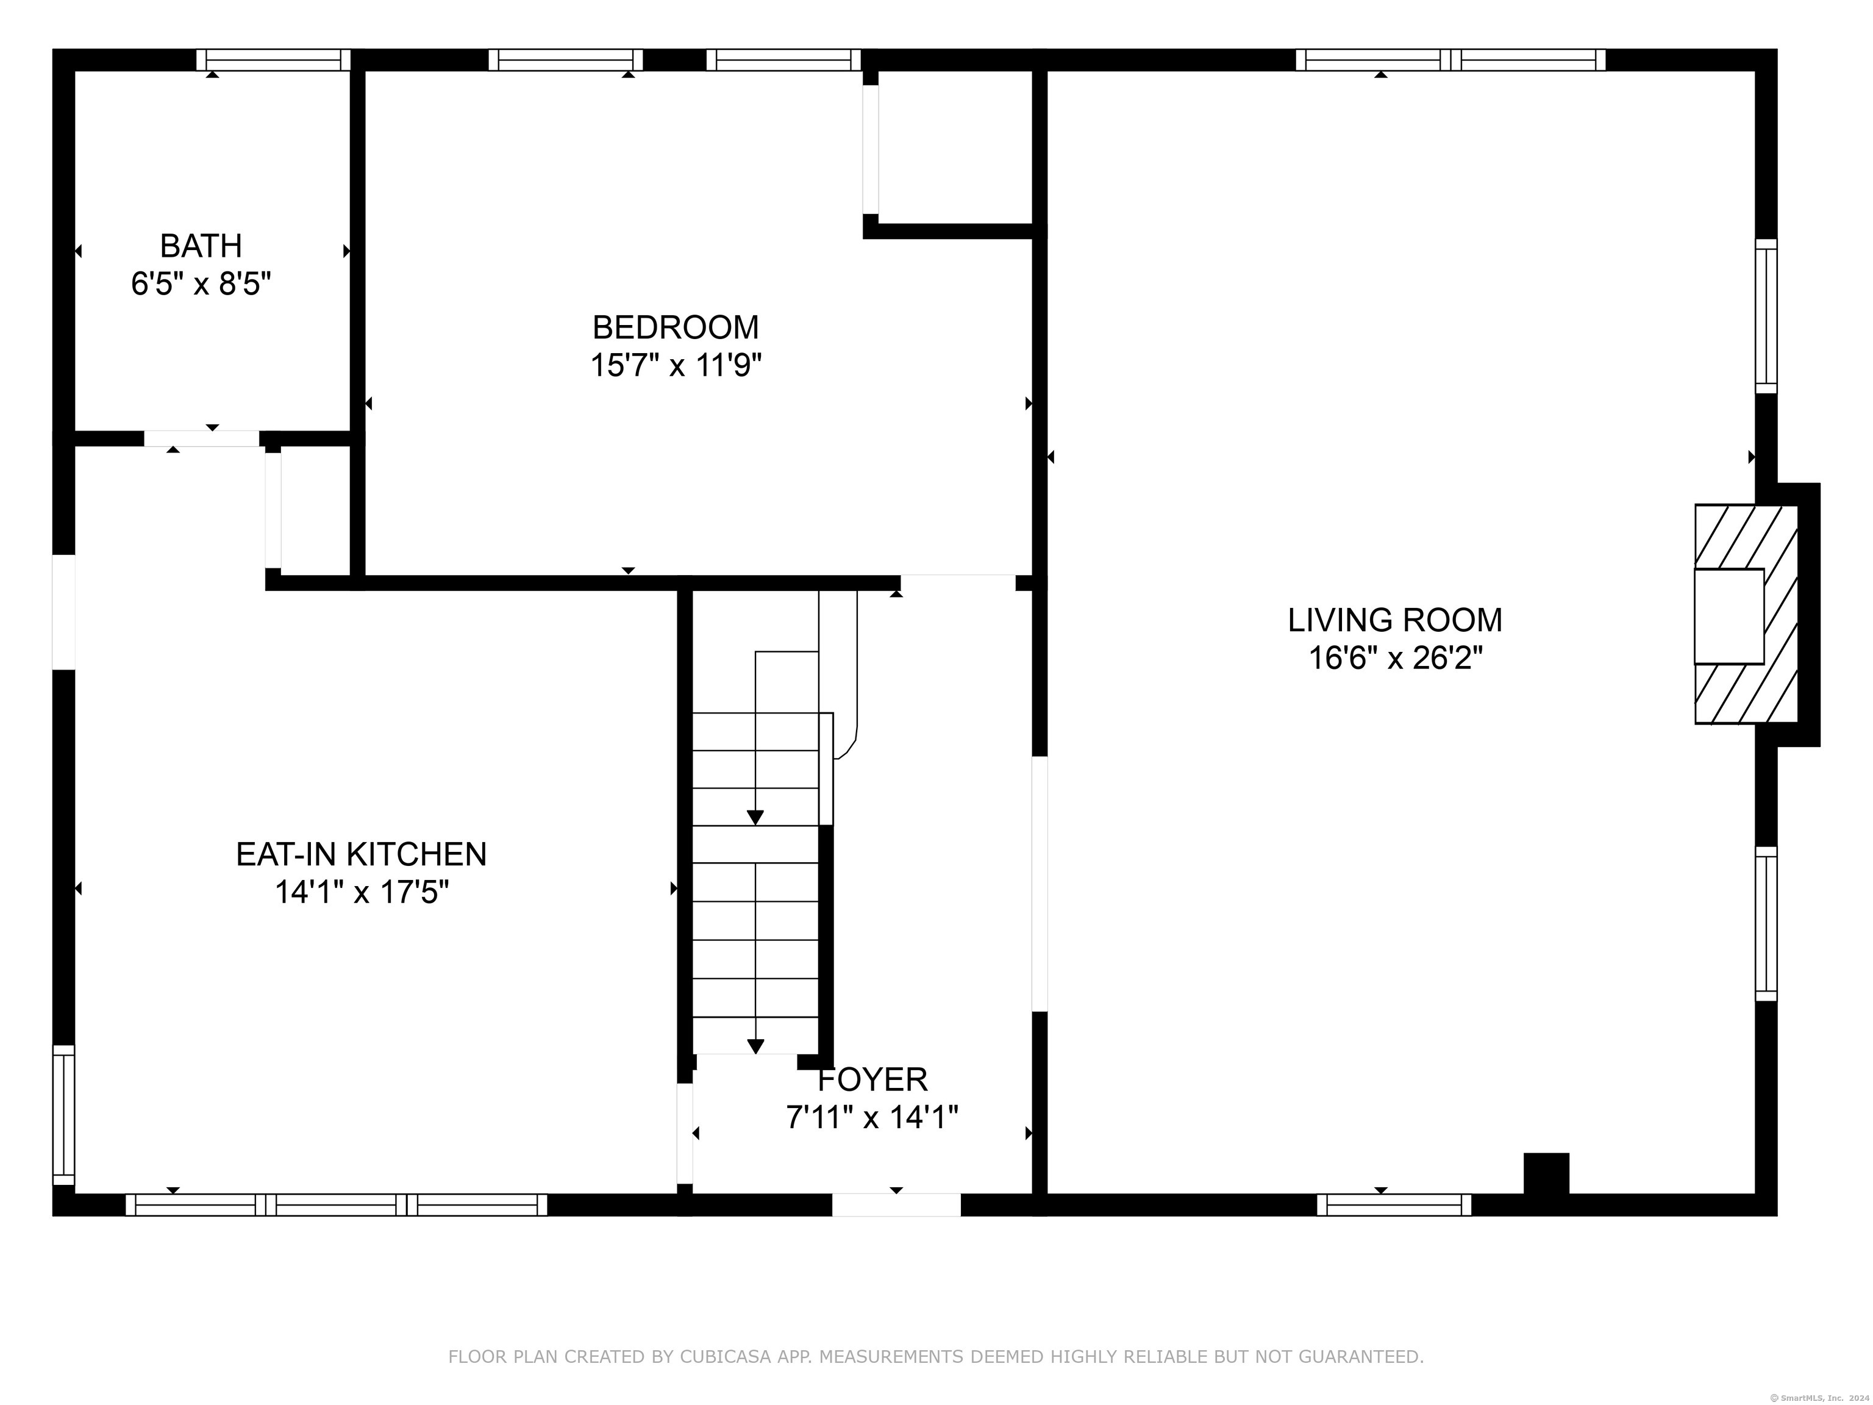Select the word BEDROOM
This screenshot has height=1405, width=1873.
pyautogui.click(x=676, y=327)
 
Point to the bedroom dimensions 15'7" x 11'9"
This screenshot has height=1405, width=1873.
pyautogui.click(x=676, y=366)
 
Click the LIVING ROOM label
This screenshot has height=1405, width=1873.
pyautogui.click(x=1396, y=620)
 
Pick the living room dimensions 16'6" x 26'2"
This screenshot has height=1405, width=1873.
pyautogui.click(x=1396, y=658)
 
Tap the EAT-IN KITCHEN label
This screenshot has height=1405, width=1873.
pyautogui.click(x=362, y=854)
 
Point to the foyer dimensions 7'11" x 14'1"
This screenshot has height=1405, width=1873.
pyautogui.click(x=872, y=1118)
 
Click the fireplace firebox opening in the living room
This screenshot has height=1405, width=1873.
pyautogui.click(x=1729, y=616)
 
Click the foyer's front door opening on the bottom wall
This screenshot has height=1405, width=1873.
pyautogui.click(x=896, y=1204)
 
